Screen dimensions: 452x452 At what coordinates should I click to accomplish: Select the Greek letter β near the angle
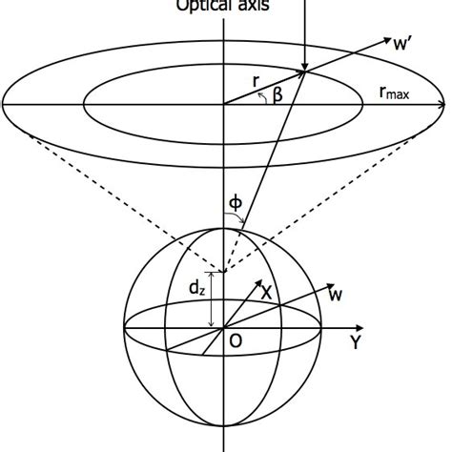[279, 95]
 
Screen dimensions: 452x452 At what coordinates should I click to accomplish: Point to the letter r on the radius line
[256, 83]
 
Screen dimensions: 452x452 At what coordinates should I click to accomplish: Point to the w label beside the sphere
[336, 298]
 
